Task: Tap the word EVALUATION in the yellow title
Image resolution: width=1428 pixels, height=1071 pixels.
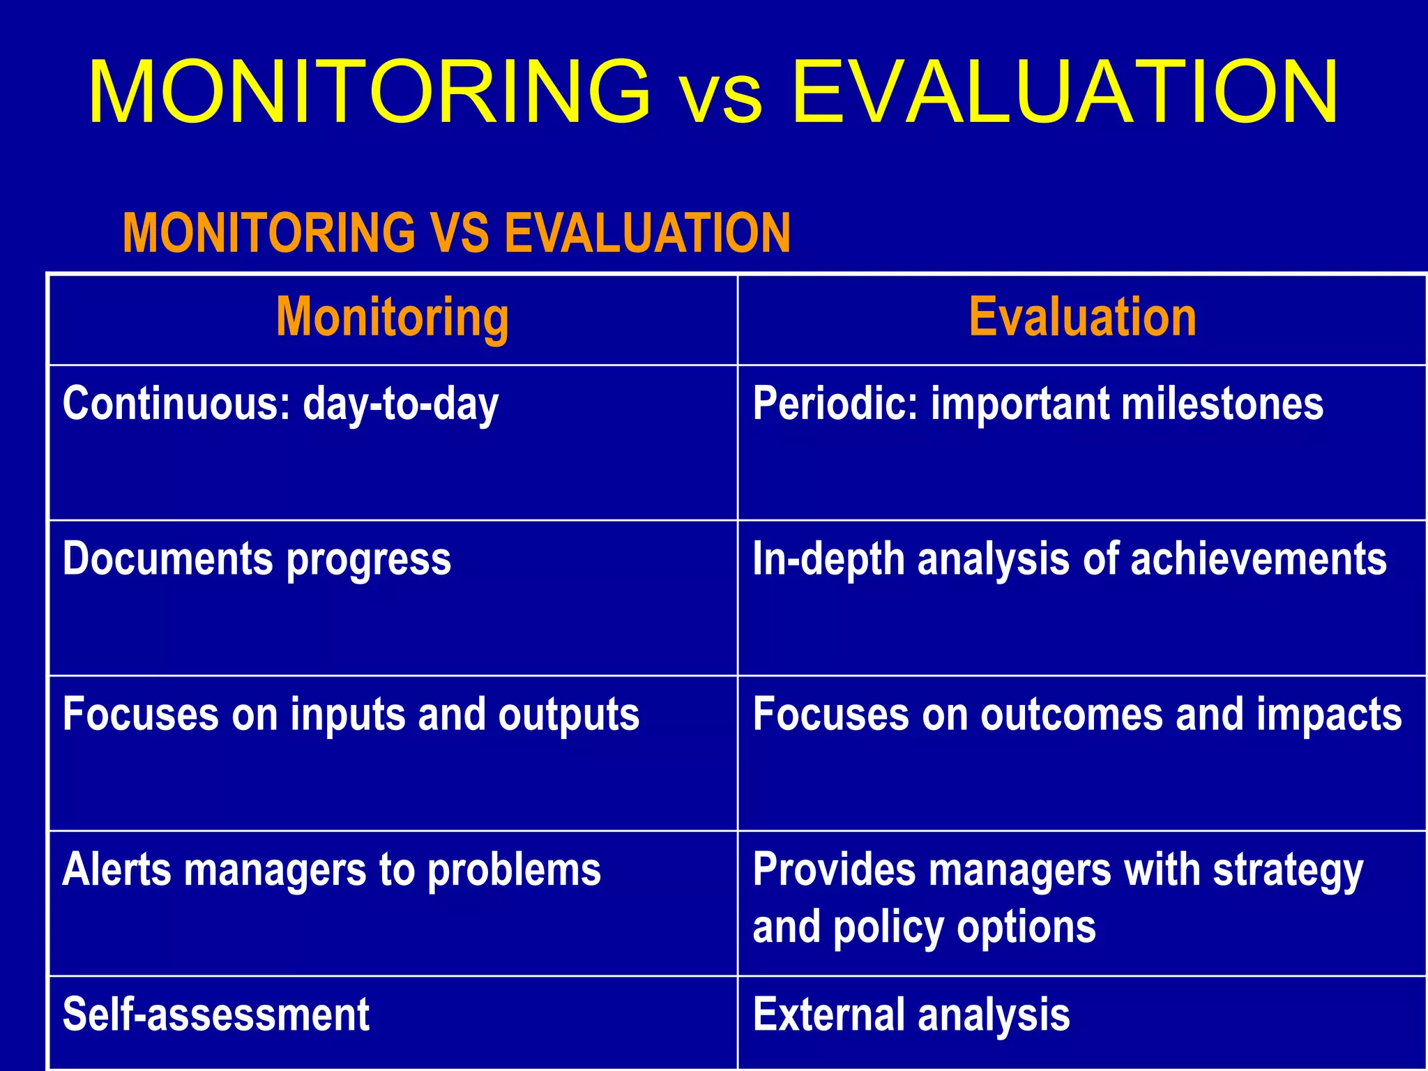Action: pyautogui.click(x=1065, y=93)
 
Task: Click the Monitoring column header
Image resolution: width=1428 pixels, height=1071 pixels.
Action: pyautogui.click(x=393, y=318)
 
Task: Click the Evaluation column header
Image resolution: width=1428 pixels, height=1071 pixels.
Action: pyautogui.click(x=1082, y=318)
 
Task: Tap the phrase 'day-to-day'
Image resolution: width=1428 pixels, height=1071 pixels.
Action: pyautogui.click(x=401, y=405)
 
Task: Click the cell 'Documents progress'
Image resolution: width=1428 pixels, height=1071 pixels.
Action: pyautogui.click(x=257, y=560)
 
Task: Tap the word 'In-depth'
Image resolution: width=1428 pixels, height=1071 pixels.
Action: pyautogui.click(x=828, y=561)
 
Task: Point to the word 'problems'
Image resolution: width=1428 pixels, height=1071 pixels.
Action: pyautogui.click(x=514, y=872)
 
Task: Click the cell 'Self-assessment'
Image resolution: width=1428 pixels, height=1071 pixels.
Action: pyautogui.click(x=215, y=1015)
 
